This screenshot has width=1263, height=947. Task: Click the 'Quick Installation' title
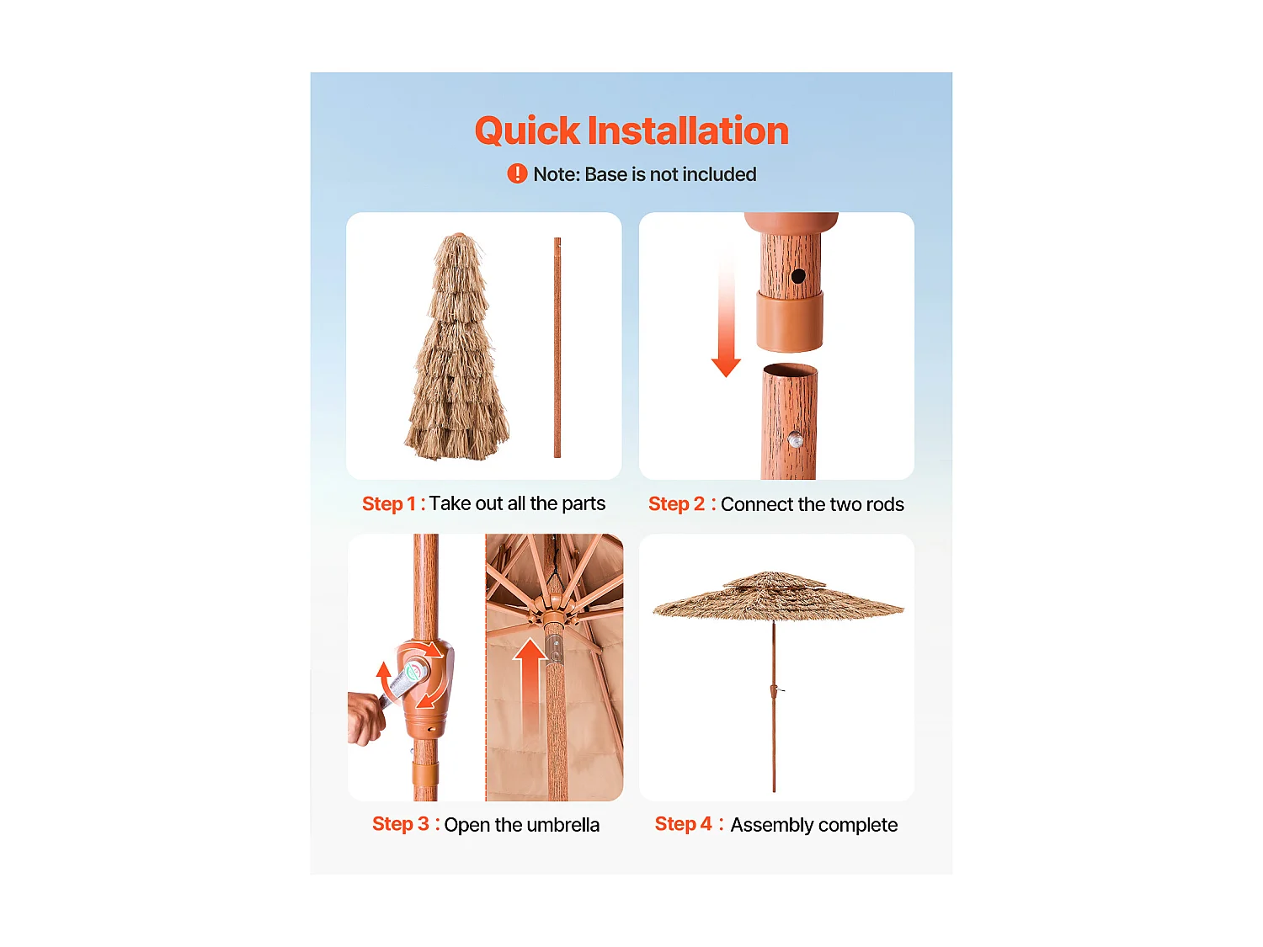pos(631,131)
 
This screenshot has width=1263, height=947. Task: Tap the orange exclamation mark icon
pos(517,174)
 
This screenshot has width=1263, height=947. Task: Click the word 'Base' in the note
pos(605,174)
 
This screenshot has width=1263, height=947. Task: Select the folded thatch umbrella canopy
pos(457,354)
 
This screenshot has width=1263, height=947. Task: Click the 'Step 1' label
pos(388,504)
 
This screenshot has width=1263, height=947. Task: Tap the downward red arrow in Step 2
pos(726,320)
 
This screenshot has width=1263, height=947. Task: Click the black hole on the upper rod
pos(798,275)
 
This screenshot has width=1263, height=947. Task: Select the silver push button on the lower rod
pos(795,439)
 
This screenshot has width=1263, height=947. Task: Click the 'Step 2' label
pos(676,504)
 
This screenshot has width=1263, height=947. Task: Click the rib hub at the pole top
pos(552,614)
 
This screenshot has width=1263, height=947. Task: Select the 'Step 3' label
pos(400,824)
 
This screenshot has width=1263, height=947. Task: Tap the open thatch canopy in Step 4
pos(776,596)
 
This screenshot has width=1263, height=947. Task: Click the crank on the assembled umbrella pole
pos(775,691)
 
